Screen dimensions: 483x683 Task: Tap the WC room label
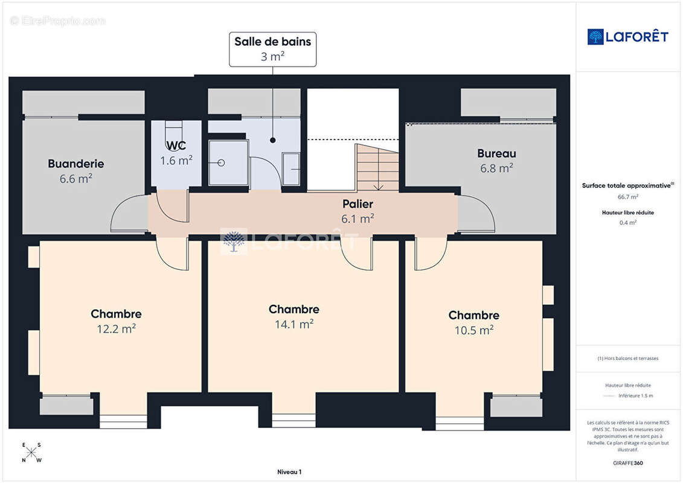click(176, 146)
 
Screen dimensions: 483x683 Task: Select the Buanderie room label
click(76, 164)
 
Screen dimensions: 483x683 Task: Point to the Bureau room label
click(496, 153)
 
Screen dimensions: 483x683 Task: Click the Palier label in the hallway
click(358, 204)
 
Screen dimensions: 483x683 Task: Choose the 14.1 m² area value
click(293, 324)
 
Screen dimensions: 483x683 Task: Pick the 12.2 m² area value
click(116, 329)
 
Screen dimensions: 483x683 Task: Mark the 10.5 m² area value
click(473, 330)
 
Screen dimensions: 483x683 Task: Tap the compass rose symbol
click(32, 453)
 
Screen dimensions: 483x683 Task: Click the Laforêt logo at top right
click(627, 37)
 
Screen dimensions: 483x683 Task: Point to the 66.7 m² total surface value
click(627, 197)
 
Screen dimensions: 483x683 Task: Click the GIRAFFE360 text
click(627, 463)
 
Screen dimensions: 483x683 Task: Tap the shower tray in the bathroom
click(228, 163)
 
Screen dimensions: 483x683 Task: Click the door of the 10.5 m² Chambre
click(430, 254)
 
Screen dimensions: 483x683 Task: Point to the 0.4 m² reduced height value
click(627, 222)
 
